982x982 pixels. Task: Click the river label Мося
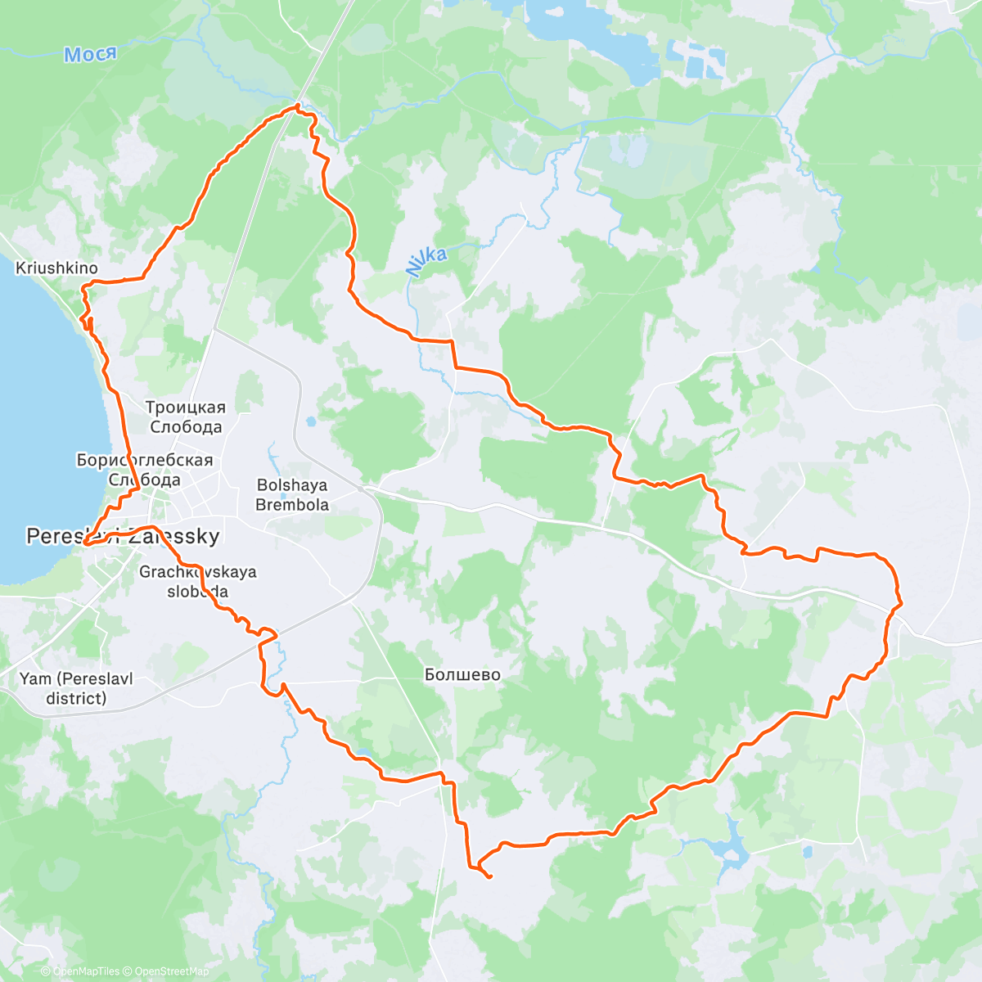[90, 55]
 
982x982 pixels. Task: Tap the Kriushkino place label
[56, 268]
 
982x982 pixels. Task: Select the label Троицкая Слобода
[185, 417]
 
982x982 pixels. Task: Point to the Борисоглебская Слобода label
[144, 470]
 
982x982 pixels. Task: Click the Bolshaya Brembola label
[292, 495]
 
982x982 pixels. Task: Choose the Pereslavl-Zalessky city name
[123, 537]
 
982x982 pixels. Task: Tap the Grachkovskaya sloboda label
[197, 582]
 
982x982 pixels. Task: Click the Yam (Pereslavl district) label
[76, 688]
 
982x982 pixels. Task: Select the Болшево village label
[462, 675]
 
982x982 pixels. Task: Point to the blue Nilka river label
[426, 261]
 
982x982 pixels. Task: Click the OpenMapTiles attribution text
[79, 971]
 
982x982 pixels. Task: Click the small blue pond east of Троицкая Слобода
[311, 423]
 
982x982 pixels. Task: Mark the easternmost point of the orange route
[901, 604]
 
